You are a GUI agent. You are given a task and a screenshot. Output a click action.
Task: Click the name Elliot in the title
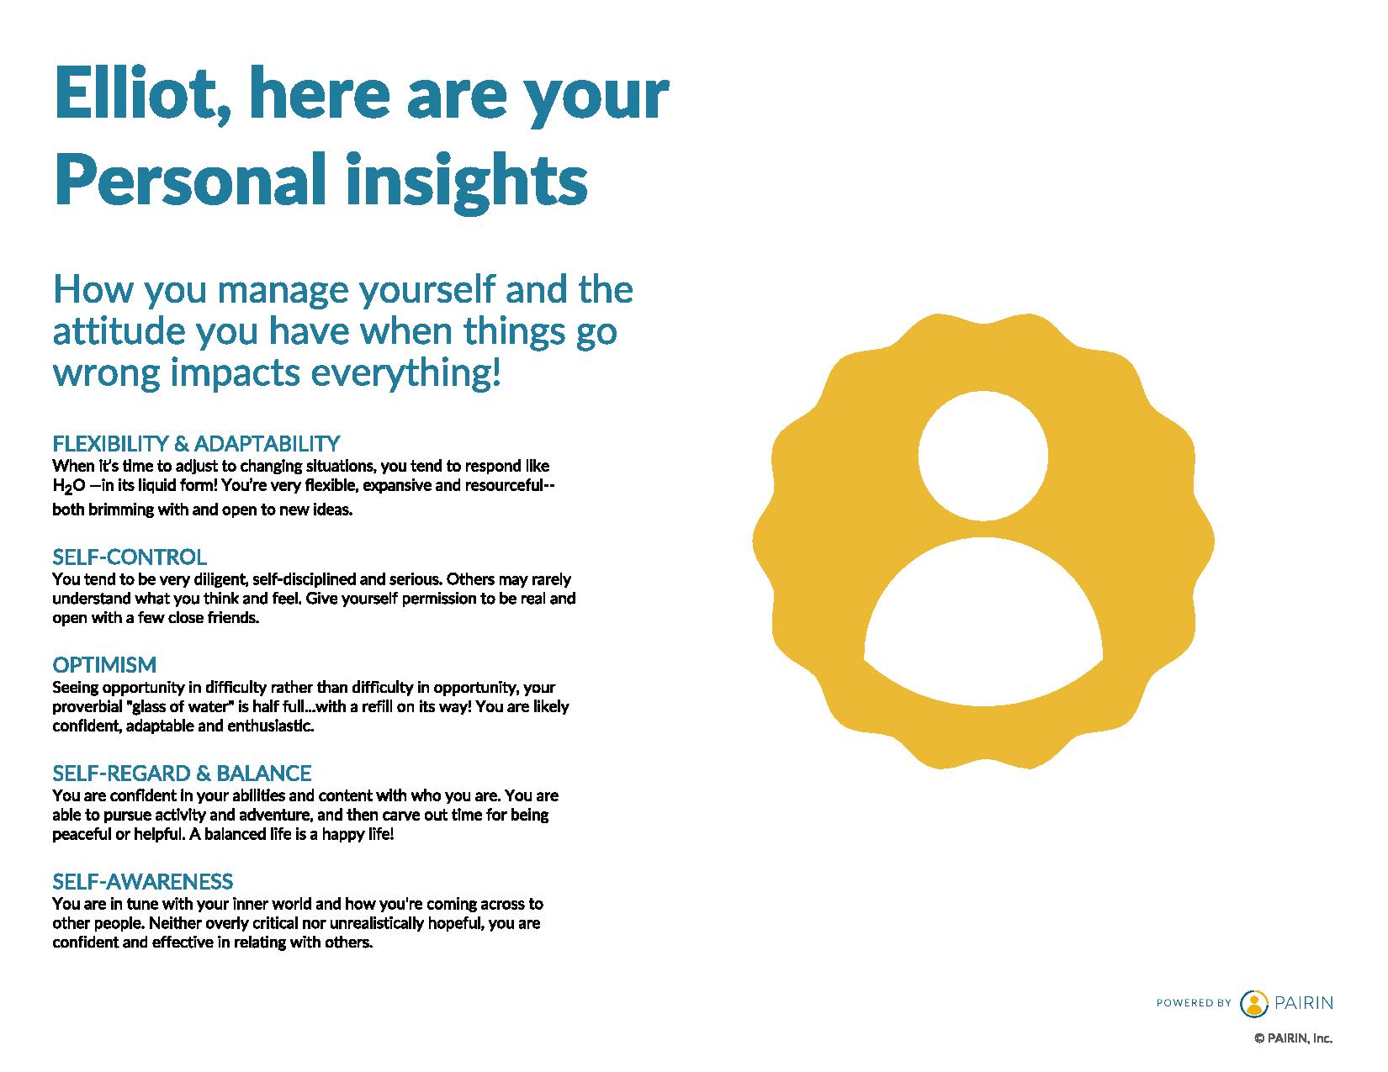(x=142, y=93)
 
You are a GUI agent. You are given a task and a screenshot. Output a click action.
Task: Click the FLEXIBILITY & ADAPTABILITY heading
(x=196, y=443)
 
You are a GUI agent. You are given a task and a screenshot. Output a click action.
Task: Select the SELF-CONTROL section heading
(x=130, y=557)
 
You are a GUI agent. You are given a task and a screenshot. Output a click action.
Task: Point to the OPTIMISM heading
(x=104, y=665)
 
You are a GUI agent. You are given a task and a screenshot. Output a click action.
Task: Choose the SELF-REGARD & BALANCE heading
(x=182, y=774)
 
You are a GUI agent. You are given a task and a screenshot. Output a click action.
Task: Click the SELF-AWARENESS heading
(x=142, y=882)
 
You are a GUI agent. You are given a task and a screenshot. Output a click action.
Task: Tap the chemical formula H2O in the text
(x=69, y=487)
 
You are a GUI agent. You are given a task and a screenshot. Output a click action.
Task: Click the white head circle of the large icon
(x=983, y=455)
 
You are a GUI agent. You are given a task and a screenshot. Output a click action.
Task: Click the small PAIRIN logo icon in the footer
(x=1254, y=1003)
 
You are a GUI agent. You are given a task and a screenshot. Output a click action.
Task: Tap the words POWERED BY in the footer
(x=1193, y=1003)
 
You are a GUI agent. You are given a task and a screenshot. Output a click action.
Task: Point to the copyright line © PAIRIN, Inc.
(x=1294, y=1039)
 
